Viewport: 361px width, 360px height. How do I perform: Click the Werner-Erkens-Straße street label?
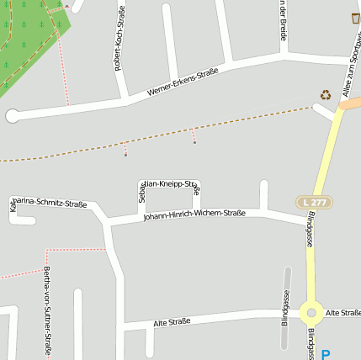coord(183,82)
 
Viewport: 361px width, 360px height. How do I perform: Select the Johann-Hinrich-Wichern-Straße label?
coord(194,214)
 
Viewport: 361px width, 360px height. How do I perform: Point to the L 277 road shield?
coord(314,203)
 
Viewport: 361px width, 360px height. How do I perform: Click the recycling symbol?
coord(325,96)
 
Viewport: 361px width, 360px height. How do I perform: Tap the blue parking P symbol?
coord(326,355)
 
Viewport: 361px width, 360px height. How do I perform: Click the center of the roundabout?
coord(311,312)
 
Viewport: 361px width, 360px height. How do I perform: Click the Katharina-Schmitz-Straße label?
coord(49,204)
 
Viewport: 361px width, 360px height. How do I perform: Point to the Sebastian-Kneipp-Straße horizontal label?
coord(173,183)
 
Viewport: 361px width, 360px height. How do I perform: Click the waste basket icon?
coord(355,18)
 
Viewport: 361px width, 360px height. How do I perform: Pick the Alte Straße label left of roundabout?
coord(172,320)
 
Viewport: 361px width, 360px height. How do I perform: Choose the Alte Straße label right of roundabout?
coord(343,312)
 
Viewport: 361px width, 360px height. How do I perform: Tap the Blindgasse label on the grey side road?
coord(285,307)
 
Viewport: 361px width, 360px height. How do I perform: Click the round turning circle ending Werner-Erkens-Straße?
coord(13,116)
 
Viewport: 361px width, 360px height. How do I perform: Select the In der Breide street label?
coord(283,20)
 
